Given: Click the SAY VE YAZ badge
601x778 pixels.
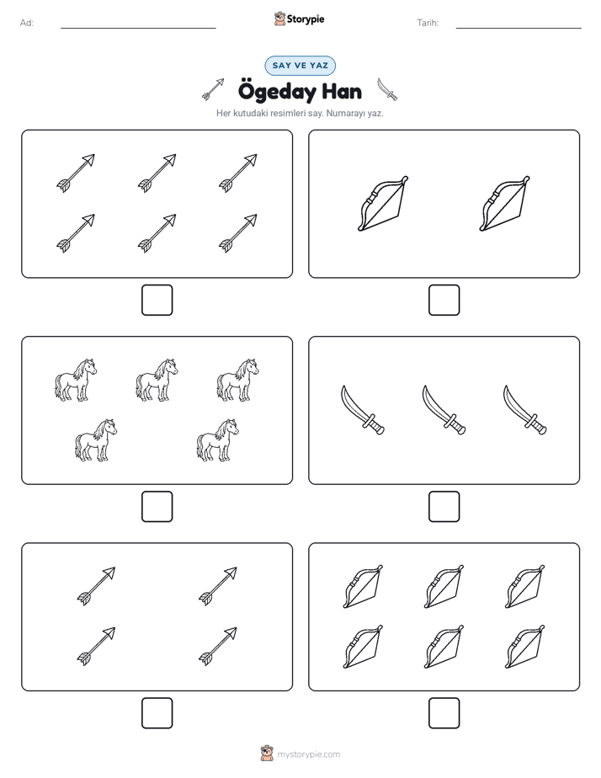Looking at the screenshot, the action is pos(300,66).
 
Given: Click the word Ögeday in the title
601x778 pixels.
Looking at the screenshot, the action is pos(277,93).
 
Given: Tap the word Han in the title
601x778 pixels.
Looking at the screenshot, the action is pos(342,92).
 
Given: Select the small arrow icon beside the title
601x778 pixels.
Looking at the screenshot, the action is pos(213,89).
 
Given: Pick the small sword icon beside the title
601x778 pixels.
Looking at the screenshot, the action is pos(387,89).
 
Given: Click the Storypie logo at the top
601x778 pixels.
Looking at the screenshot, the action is pos(299,19).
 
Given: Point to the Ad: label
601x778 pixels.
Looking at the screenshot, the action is pos(27,23).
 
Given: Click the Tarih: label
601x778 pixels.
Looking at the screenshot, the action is pos(428,23).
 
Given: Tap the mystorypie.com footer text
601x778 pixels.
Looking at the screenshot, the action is pos(308,754).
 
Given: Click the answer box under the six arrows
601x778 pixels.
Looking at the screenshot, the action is pos(157,301).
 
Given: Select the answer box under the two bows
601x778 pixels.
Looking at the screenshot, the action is pos(444,301).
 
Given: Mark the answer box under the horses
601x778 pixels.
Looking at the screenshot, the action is pos(157,507).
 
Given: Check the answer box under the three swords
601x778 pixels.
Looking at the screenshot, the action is pos(444,507).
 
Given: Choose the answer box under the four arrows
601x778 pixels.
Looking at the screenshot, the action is pos(157,713).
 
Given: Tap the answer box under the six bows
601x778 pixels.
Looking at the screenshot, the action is pos(444,713).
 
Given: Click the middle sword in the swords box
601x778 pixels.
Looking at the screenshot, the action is pos(444,410).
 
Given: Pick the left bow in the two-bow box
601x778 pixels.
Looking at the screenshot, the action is pos(383,204).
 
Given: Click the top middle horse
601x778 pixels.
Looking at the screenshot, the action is pos(157,380).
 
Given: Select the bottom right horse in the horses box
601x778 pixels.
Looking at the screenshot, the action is pos(217,440).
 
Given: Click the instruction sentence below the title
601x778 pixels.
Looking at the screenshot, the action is pos(300,113).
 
